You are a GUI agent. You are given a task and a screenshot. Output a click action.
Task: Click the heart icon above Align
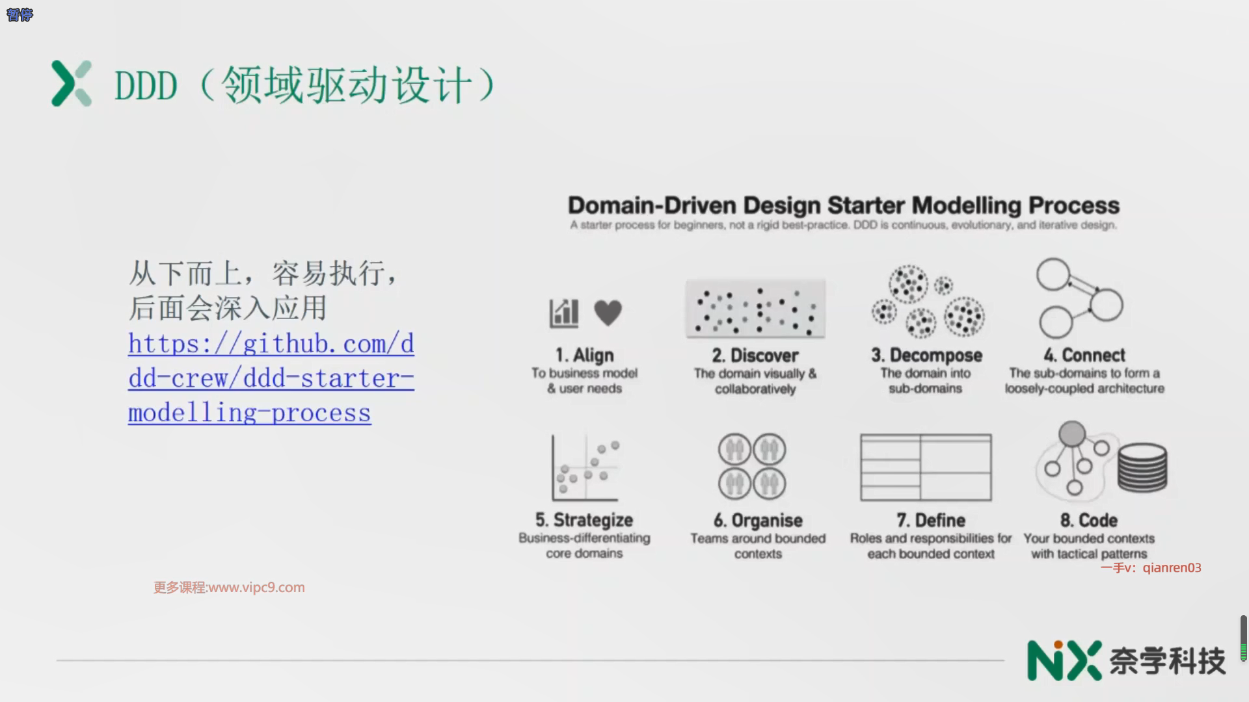click(x=608, y=313)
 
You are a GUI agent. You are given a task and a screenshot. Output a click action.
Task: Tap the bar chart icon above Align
click(x=564, y=313)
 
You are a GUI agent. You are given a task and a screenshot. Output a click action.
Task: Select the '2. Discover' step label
click(x=755, y=356)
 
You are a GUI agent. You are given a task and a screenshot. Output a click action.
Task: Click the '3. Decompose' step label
click(x=926, y=356)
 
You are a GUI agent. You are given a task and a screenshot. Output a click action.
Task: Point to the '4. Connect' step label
click(x=1084, y=356)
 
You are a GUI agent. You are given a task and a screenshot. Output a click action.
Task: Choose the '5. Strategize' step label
click(x=584, y=520)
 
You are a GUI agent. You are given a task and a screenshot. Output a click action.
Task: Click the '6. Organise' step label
click(x=758, y=521)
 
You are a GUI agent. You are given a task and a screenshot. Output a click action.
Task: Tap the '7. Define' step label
click(x=930, y=521)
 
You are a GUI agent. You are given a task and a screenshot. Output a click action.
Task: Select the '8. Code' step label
click(x=1088, y=521)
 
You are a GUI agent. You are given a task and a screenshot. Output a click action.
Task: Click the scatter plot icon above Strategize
click(x=585, y=467)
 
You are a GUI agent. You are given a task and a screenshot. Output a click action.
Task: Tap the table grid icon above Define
click(x=926, y=467)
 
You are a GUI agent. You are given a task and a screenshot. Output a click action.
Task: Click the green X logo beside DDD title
click(x=72, y=84)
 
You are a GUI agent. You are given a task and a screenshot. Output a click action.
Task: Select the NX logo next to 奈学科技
click(x=1064, y=660)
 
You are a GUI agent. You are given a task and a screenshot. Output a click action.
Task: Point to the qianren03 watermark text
click(x=1171, y=567)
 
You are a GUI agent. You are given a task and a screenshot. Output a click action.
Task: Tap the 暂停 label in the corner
click(x=20, y=14)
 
